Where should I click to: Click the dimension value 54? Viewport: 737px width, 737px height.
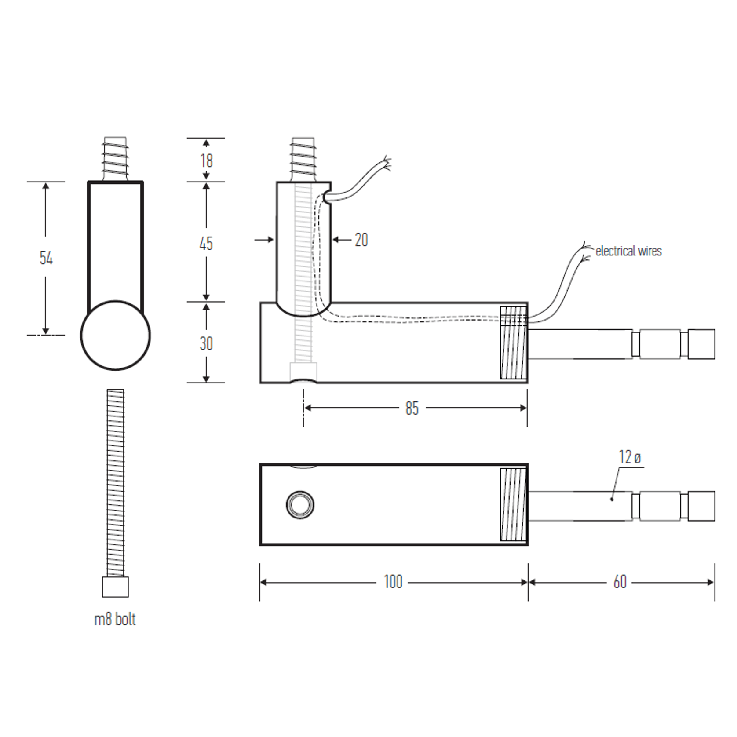tap(46, 258)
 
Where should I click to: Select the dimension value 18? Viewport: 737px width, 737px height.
tap(206, 161)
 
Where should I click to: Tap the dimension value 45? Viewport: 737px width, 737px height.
tap(206, 243)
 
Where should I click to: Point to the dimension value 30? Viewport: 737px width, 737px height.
tap(206, 343)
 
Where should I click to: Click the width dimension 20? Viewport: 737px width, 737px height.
tap(361, 240)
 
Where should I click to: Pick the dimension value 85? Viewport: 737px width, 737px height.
tap(412, 409)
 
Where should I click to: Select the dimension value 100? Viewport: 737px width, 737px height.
tap(393, 582)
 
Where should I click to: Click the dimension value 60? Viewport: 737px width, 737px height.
tap(620, 582)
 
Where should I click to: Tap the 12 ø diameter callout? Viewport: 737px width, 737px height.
tap(630, 457)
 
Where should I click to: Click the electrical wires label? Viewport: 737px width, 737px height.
tap(628, 251)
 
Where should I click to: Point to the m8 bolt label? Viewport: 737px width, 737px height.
tap(115, 619)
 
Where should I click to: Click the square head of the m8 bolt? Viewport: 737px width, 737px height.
tap(115, 587)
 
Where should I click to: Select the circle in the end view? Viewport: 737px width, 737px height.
tap(115, 336)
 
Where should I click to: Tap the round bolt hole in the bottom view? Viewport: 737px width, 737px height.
tap(300, 504)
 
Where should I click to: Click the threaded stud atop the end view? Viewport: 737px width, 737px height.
tap(115, 158)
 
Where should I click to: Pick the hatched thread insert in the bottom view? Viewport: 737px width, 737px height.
tap(513, 504)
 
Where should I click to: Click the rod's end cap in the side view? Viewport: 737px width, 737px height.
tap(701, 344)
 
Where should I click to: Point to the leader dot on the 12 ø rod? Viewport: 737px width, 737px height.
tap(612, 499)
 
